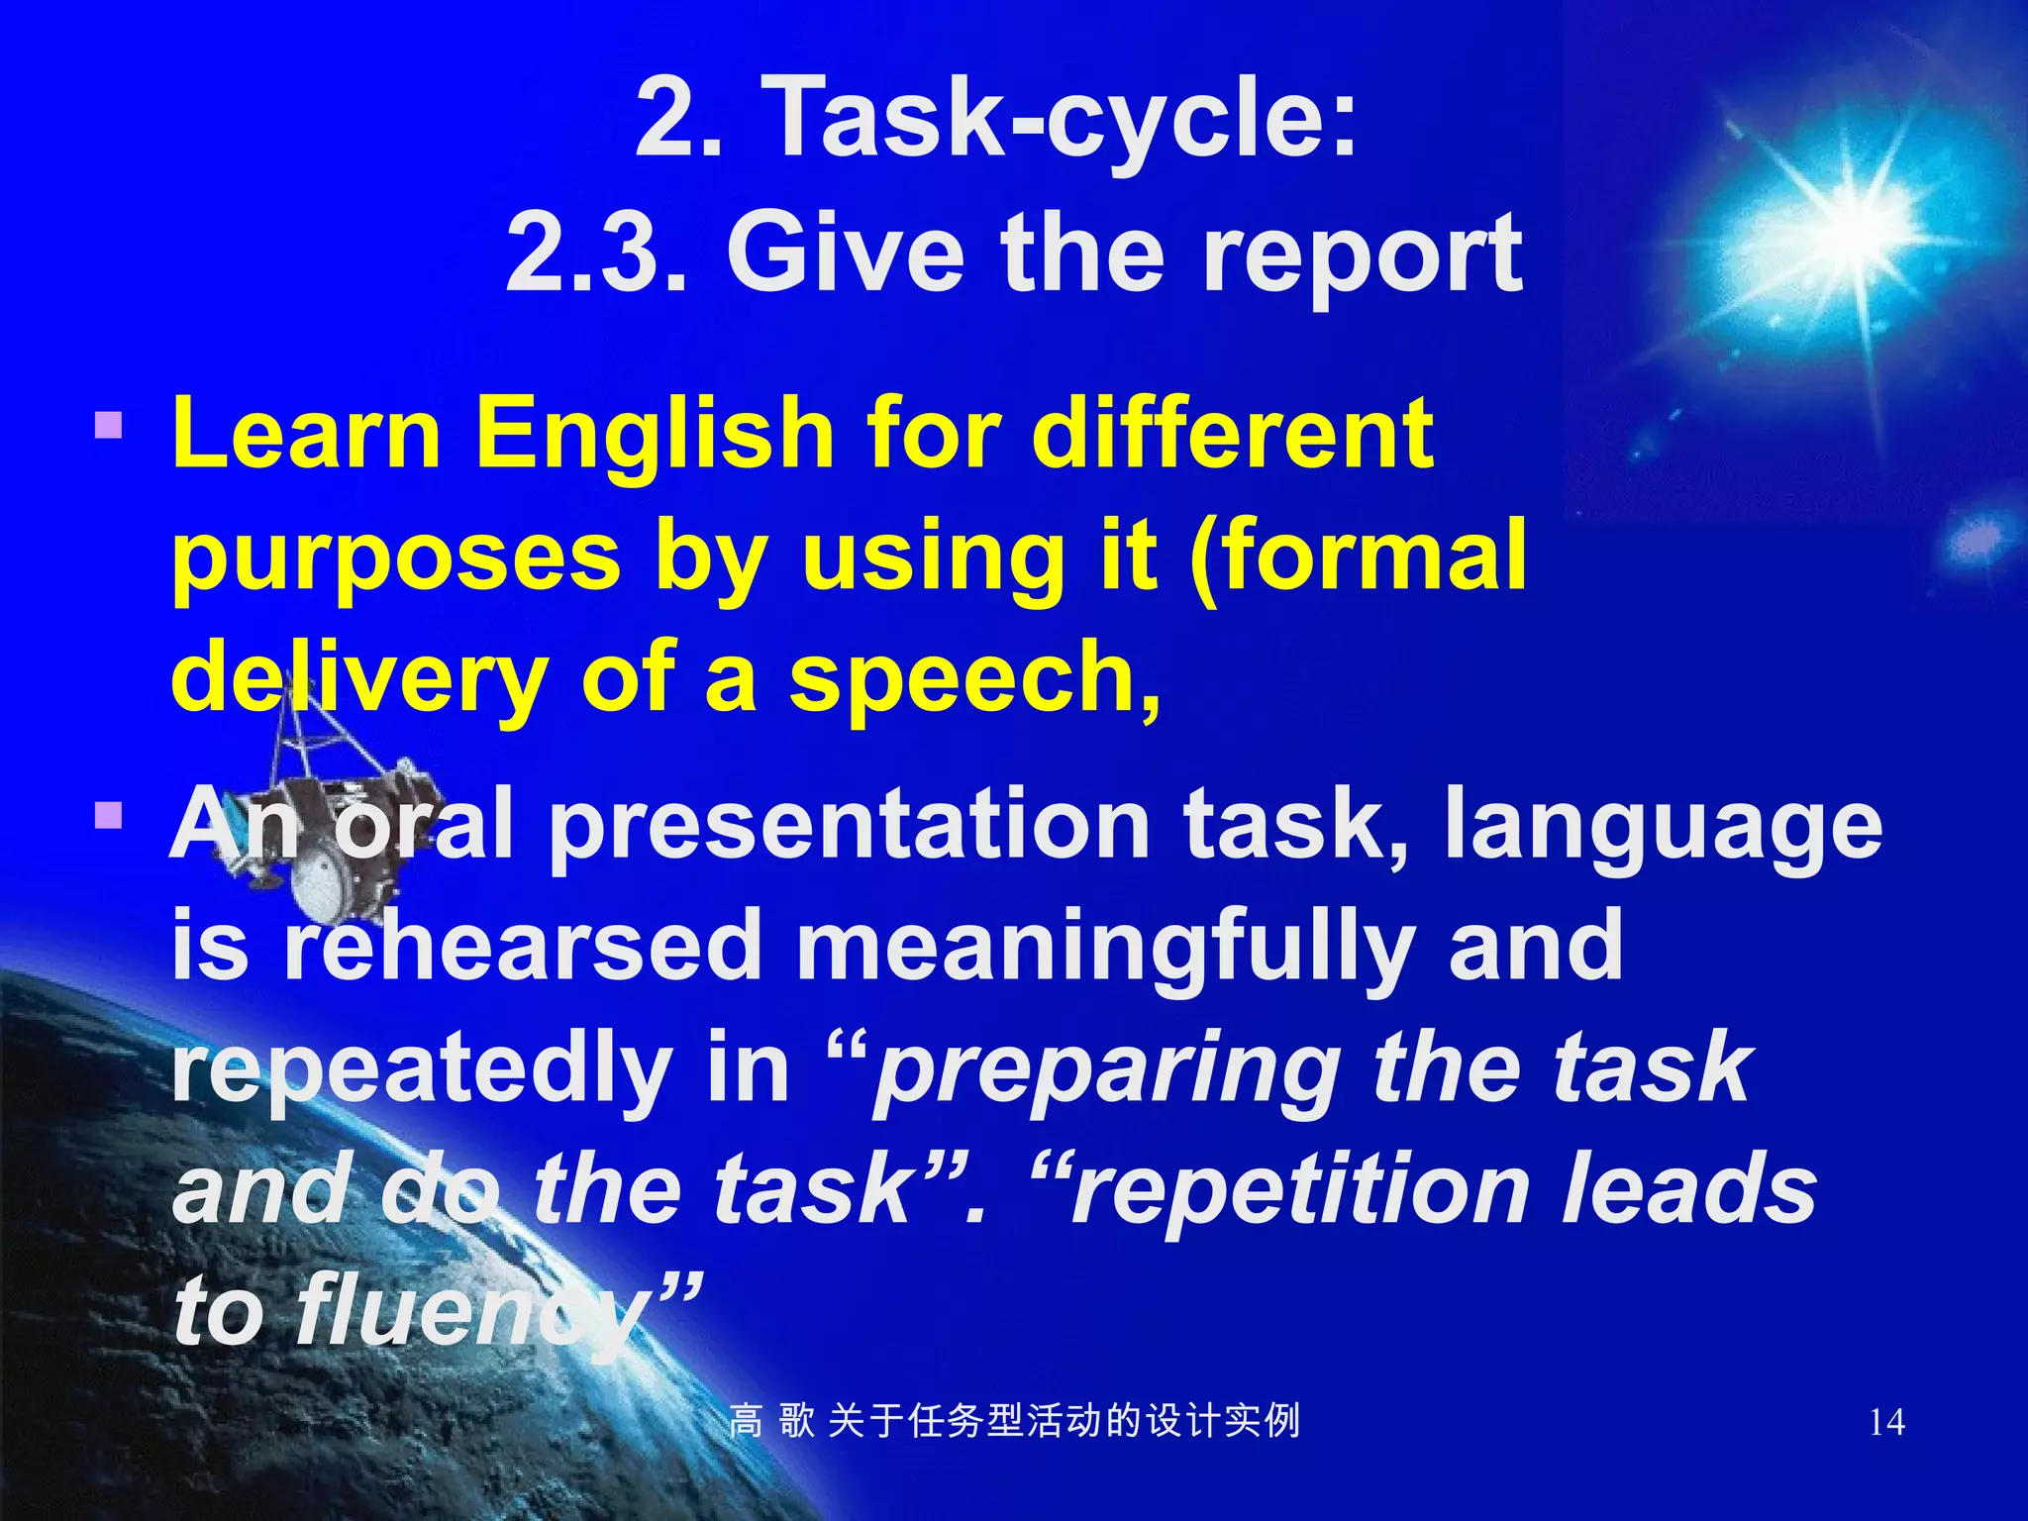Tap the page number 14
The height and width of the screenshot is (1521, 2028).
coord(1886,1422)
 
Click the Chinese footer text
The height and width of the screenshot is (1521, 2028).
coord(1014,1421)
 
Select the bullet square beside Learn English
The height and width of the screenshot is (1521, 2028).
coord(109,426)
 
